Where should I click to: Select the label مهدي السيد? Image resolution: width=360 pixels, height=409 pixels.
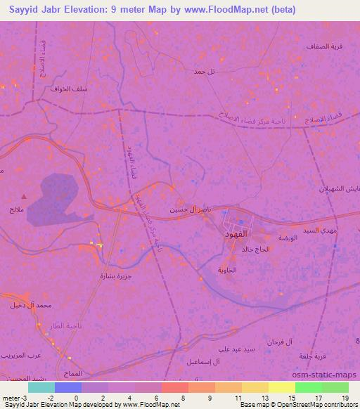(321, 230)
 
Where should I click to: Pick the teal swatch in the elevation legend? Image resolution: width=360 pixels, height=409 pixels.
(41, 387)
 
